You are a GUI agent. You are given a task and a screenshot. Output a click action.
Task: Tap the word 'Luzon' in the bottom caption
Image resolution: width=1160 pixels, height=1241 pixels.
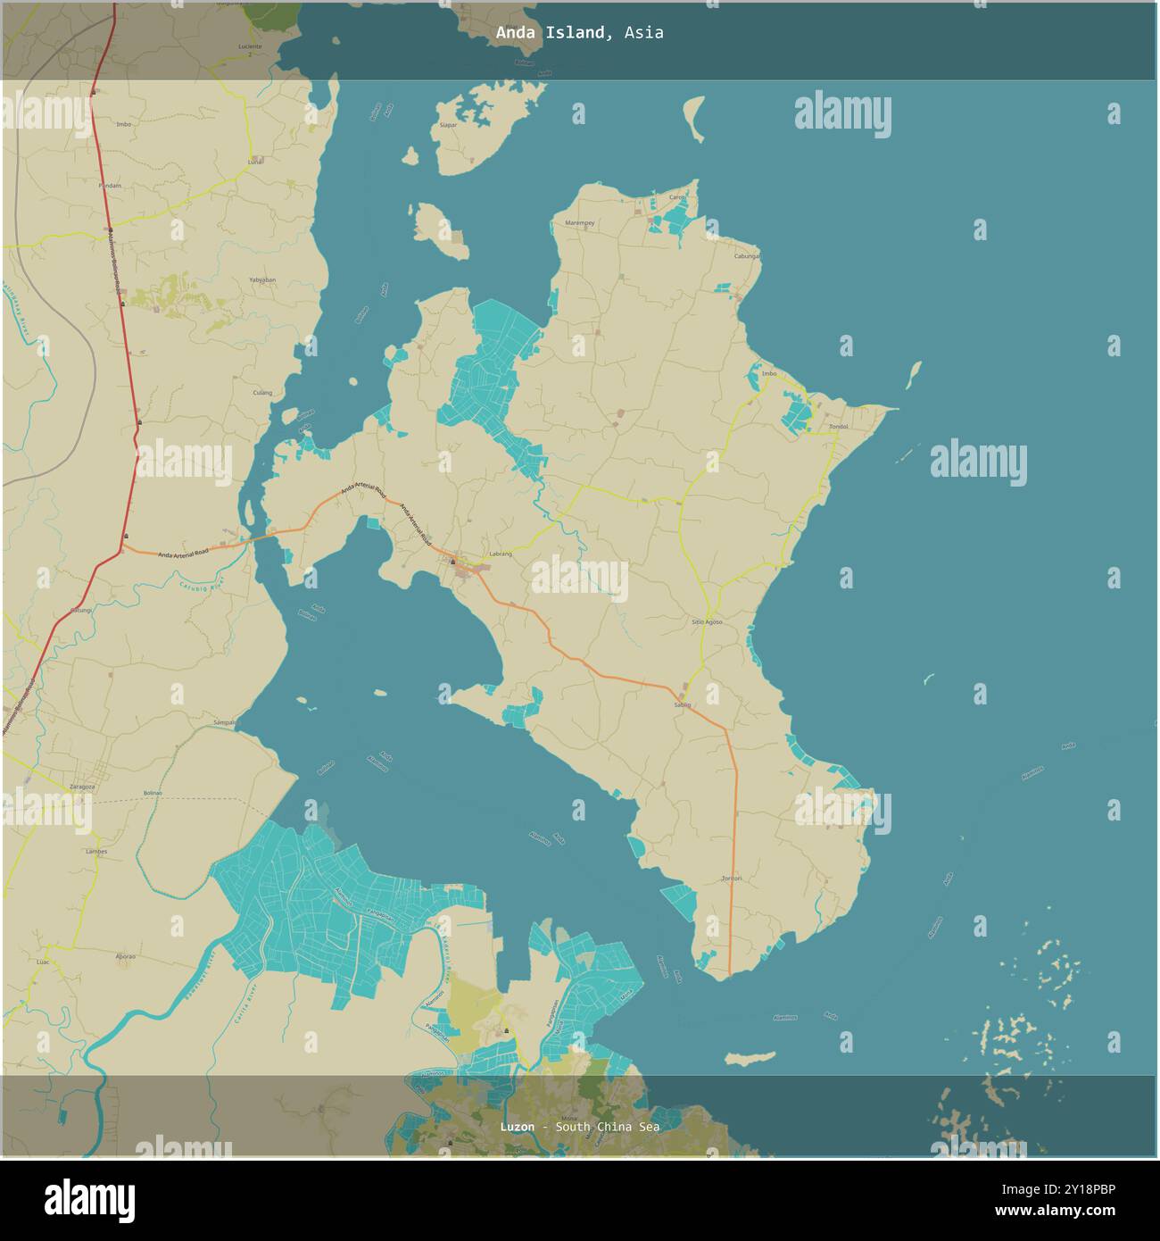point(518,1127)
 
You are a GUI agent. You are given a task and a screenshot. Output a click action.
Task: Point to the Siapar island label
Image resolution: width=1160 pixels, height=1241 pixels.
point(448,125)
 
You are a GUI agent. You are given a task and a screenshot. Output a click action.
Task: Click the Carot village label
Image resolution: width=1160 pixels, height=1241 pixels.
point(678,196)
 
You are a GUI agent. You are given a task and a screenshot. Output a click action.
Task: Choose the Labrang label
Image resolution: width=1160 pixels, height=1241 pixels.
point(501,554)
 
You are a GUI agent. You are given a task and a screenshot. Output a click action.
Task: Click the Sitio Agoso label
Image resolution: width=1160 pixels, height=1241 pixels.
point(707,621)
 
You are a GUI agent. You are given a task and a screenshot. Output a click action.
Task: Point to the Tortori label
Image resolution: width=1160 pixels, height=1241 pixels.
point(732,879)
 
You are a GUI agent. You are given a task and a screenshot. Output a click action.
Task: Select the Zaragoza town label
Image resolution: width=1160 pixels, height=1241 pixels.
point(82,787)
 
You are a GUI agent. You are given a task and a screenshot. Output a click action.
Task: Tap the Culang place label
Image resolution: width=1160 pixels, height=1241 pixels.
point(262,392)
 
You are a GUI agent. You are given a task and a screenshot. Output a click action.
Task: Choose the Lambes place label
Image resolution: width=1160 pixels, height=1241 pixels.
point(96,852)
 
